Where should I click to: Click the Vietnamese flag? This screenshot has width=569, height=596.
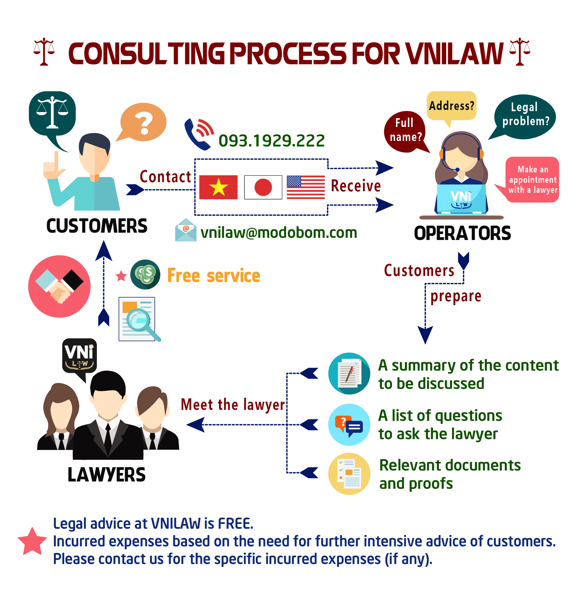218,187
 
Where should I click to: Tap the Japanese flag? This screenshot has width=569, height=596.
263,187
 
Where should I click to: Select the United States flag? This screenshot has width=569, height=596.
306,187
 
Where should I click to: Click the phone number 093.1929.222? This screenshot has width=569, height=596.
271,141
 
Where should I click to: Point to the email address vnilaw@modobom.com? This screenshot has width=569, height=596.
278,233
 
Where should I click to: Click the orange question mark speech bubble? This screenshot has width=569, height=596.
143,122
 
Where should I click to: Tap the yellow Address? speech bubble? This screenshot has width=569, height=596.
451,106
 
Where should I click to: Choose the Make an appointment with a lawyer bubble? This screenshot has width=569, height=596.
532,179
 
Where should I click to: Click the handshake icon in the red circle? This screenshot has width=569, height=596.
59,286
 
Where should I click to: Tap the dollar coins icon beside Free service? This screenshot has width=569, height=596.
145,274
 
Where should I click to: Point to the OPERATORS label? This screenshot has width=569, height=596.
462,234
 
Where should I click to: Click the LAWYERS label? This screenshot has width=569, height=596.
107,475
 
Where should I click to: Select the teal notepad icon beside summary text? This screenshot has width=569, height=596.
349,373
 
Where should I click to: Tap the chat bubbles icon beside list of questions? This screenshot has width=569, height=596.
349,425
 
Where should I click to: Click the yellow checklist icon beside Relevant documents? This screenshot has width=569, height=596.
349,474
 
